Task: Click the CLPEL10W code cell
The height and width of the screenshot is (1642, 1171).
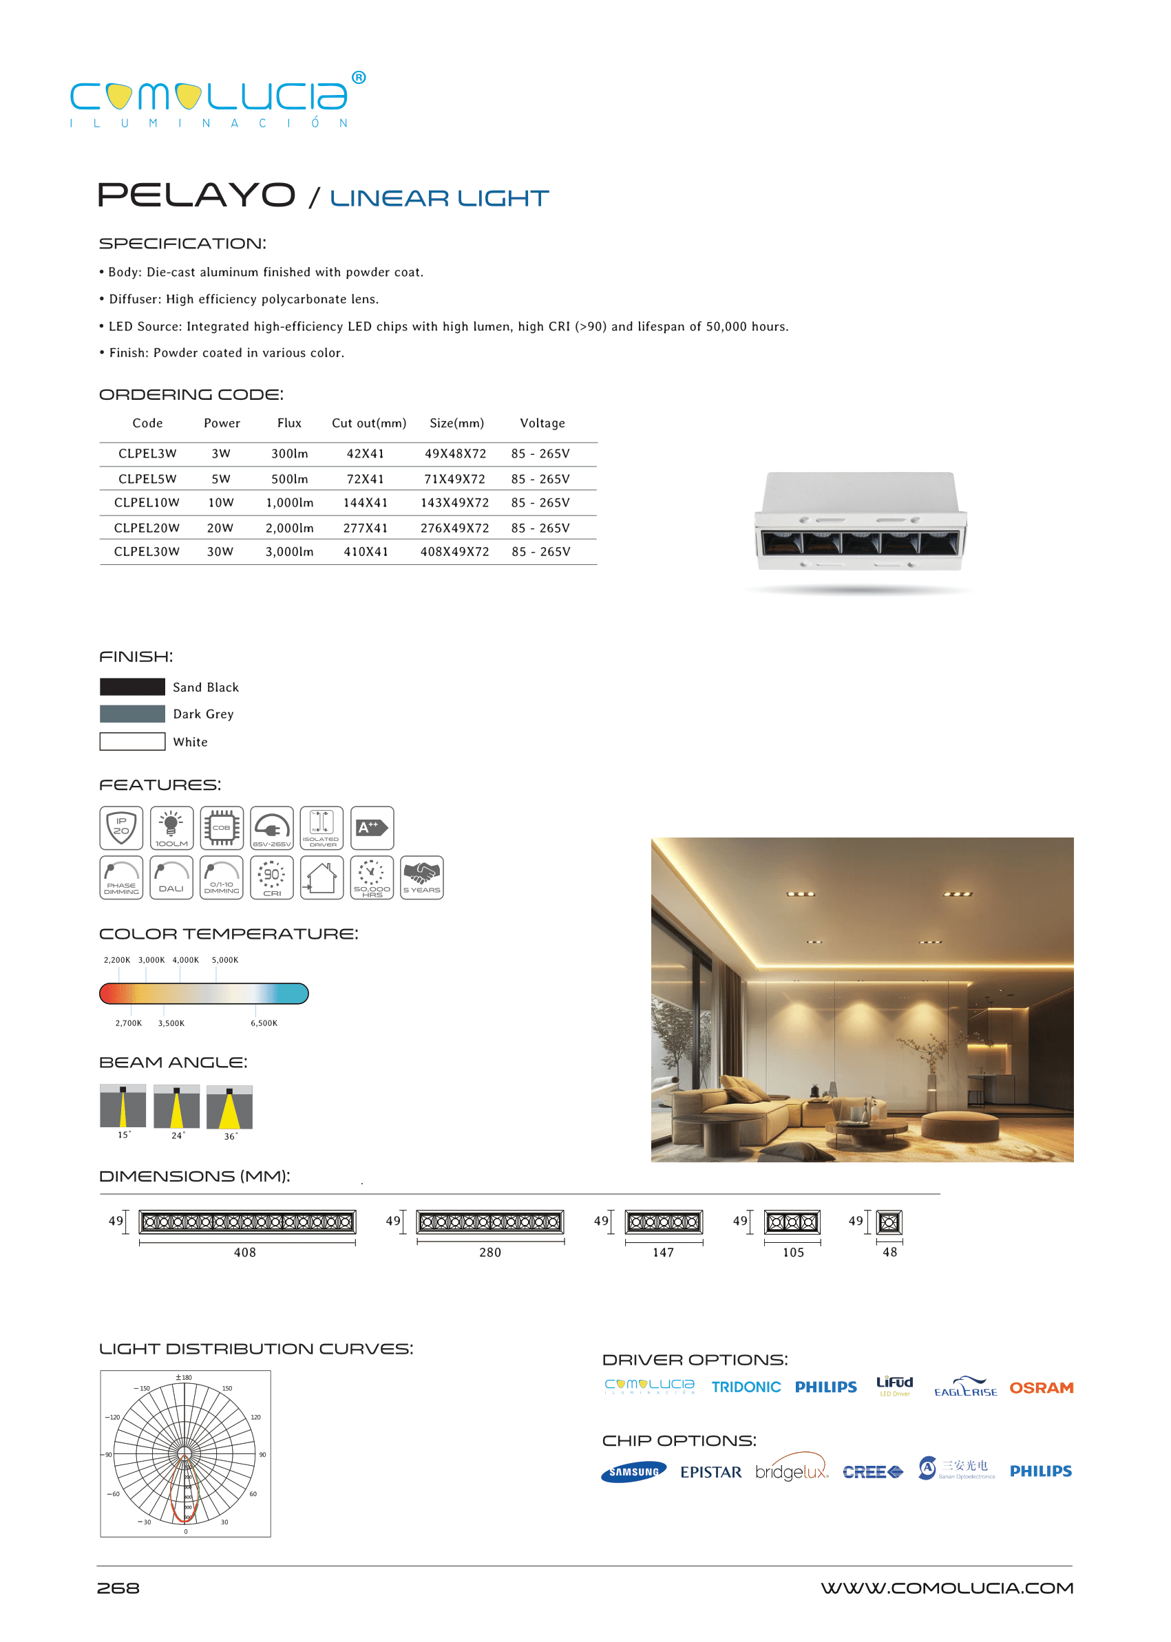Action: [147, 502]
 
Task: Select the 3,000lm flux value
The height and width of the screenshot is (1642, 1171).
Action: [289, 551]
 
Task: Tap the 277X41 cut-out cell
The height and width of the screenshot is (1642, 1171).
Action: [365, 528]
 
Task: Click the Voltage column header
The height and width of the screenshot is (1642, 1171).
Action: [542, 423]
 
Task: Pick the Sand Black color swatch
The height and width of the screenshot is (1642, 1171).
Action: [132, 686]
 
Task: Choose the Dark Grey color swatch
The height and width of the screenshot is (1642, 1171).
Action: [132, 714]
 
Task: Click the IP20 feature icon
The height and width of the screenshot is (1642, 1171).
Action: [121, 827]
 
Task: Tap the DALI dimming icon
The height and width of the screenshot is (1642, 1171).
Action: [171, 877]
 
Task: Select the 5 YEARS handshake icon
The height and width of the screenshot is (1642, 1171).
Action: [422, 877]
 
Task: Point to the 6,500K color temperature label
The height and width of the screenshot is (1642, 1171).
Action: [264, 1023]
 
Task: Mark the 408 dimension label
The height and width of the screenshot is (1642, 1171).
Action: [245, 1252]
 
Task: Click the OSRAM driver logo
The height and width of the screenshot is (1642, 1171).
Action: [1040, 1387]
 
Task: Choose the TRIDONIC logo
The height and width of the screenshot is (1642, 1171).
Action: [746, 1387]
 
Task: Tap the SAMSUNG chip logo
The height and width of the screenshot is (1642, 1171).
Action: [633, 1472]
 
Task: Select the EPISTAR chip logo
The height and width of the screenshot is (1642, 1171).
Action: [710, 1472]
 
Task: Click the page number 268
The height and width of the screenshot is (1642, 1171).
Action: [118, 1588]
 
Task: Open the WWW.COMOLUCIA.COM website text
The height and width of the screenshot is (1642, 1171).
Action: [946, 1588]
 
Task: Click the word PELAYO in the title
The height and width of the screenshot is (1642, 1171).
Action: [196, 195]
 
